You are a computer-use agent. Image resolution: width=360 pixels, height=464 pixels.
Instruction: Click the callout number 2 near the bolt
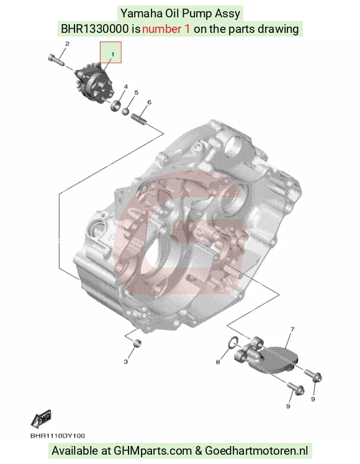(x=67, y=44)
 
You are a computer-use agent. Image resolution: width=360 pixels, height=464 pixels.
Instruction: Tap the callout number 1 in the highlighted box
(x=112, y=54)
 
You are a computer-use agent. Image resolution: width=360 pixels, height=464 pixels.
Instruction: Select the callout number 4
(x=126, y=87)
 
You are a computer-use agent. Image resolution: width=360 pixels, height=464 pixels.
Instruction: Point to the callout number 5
(x=136, y=92)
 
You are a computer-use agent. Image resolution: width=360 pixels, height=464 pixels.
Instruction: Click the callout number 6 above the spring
(x=149, y=102)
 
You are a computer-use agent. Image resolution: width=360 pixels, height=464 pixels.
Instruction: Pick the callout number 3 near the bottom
(x=126, y=362)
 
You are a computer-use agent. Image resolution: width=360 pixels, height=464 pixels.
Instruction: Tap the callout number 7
(x=292, y=329)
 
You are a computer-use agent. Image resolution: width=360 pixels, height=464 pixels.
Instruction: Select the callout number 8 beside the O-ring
(x=218, y=362)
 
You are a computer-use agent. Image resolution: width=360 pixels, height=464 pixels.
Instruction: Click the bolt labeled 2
(x=56, y=60)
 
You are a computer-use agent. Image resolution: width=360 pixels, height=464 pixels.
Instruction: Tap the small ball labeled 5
(x=125, y=111)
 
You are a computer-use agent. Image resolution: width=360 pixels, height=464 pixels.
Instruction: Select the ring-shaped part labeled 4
(x=115, y=105)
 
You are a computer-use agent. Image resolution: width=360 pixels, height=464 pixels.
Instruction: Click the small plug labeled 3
(x=137, y=343)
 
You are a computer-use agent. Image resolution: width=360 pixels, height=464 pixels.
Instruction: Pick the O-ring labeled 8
(x=233, y=342)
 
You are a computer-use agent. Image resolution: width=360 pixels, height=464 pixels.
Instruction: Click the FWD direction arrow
(x=41, y=419)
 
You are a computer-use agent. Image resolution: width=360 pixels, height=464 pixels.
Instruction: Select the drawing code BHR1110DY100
(x=58, y=435)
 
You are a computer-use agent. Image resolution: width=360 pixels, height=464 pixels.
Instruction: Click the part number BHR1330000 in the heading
(x=95, y=29)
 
